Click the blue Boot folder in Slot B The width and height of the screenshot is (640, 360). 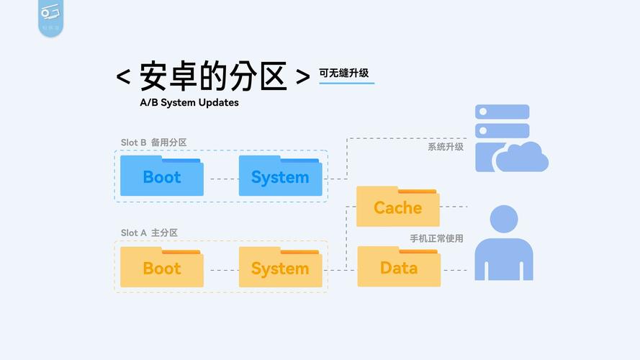pyautogui.click(x=162, y=177)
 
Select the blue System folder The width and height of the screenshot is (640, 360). pyautogui.click(x=280, y=177)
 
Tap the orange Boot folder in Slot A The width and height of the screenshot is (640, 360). pyautogui.click(x=162, y=269)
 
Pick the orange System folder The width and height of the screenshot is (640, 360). pyautogui.click(x=280, y=269)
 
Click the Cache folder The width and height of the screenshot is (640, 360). pyautogui.click(x=397, y=208)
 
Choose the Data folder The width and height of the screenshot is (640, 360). pyautogui.click(x=399, y=268)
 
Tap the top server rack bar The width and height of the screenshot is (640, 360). pyautogui.click(x=502, y=112)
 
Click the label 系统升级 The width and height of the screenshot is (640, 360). pyautogui.click(x=446, y=147)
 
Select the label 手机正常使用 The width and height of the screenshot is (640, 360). pyautogui.click(x=437, y=238)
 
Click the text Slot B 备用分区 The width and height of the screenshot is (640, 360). pyautogui.click(x=153, y=143)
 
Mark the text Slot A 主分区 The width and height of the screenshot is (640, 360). pyautogui.click(x=149, y=233)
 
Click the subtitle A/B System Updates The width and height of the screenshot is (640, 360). pyautogui.click(x=189, y=102)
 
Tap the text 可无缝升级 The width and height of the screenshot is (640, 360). pyautogui.click(x=346, y=73)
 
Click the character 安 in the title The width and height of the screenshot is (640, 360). pyautogui.click(x=158, y=76)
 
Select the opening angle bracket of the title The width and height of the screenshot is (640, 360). pyautogui.click(x=123, y=77)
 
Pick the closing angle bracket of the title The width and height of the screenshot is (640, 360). pyautogui.click(x=303, y=77)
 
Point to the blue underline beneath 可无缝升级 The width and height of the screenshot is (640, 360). pyautogui.click(x=346, y=84)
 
